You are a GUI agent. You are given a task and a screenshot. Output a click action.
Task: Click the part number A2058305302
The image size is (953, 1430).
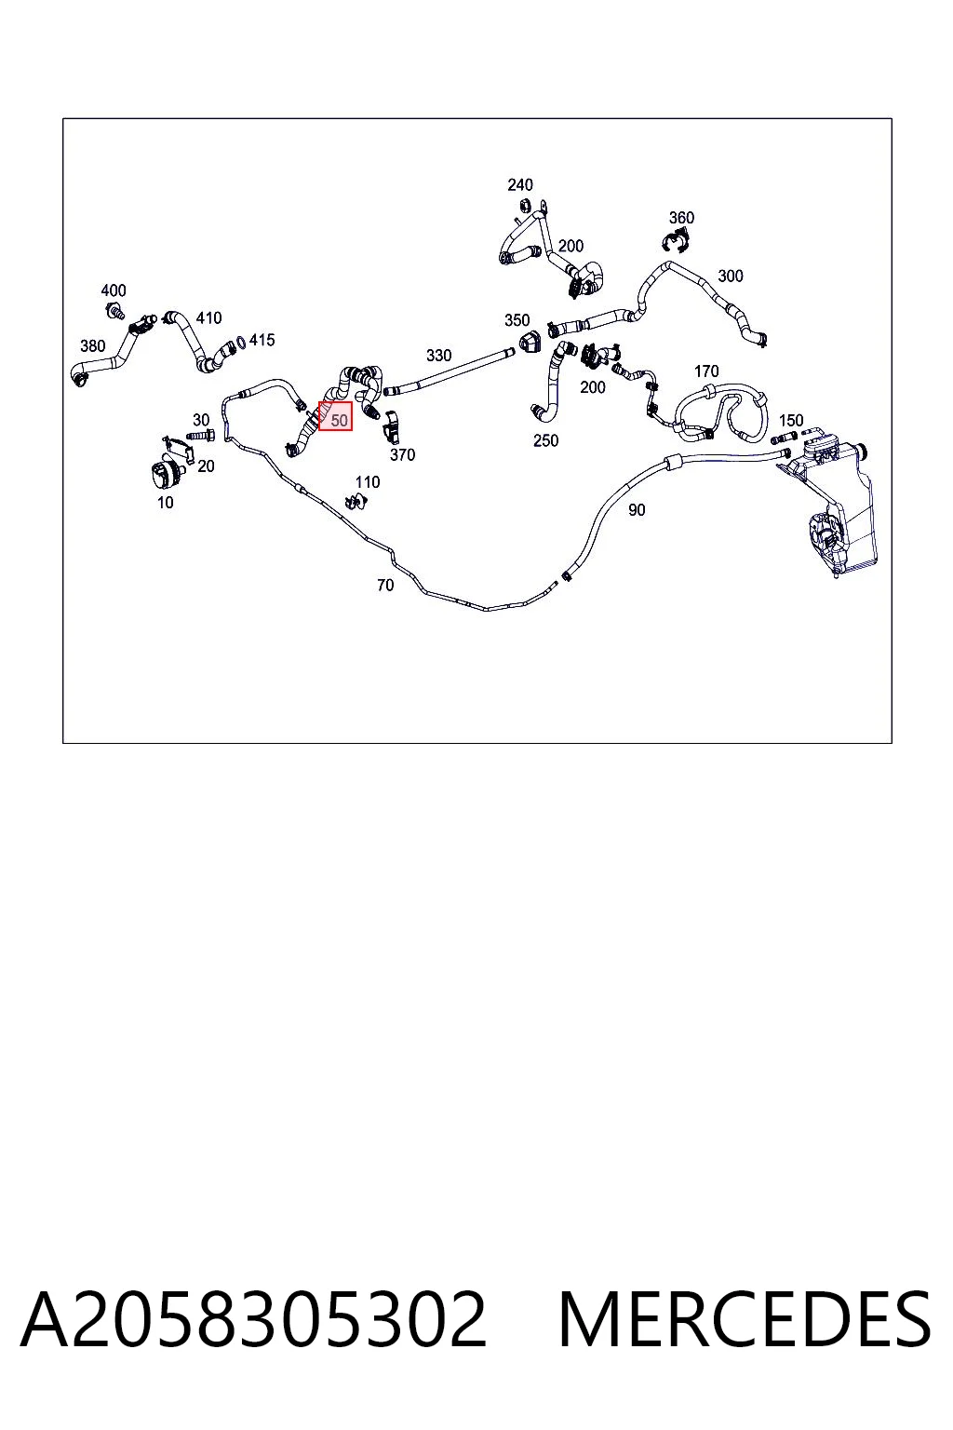pyautogui.click(x=253, y=1319)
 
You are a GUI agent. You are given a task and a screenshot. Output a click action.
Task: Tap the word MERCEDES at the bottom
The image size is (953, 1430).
pyautogui.click(x=745, y=1319)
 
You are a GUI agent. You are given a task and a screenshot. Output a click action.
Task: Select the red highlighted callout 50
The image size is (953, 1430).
pyautogui.click(x=335, y=416)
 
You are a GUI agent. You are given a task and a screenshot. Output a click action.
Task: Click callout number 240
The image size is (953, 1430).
pyautogui.click(x=519, y=185)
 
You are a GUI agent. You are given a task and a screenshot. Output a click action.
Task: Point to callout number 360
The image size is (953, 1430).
pyautogui.click(x=681, y=218)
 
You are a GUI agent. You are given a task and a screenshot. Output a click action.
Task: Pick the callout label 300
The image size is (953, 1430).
pyautogui.click(x=731, y=276)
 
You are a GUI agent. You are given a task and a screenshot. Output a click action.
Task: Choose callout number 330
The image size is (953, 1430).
pyautogui.click(x=438, y=355)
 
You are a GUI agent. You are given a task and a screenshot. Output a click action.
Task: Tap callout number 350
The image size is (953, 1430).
pyautogui.click(x=517, y=320)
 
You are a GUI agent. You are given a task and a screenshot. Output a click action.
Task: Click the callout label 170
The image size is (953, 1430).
pyautogui.click(x=706, y=371)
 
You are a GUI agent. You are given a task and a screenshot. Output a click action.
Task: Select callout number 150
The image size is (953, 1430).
pyautogui.click(x=791, y=420)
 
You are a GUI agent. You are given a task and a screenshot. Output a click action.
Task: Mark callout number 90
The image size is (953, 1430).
pyautogui.click(x=637, y=510)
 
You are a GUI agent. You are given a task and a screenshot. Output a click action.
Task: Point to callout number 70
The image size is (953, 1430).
pyautogui.click(x=385, y=585)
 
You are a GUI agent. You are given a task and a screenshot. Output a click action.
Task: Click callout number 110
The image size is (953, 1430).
pyautogui.click(x=368, y=482)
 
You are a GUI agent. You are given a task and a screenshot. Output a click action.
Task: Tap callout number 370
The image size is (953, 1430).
pyautogui.click(x=402, y=454)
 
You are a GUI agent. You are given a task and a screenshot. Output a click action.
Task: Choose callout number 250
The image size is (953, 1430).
pyautogui.click(x=545, y=440)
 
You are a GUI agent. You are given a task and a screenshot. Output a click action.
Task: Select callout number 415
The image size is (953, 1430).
pyautogui.click(x=262, y=340)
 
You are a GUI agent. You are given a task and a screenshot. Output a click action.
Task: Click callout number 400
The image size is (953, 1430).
pyautogui.click(x=113, y=290)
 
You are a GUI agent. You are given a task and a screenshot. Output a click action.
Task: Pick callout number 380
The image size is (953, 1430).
pyautogui.click(x=92, y=346)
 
